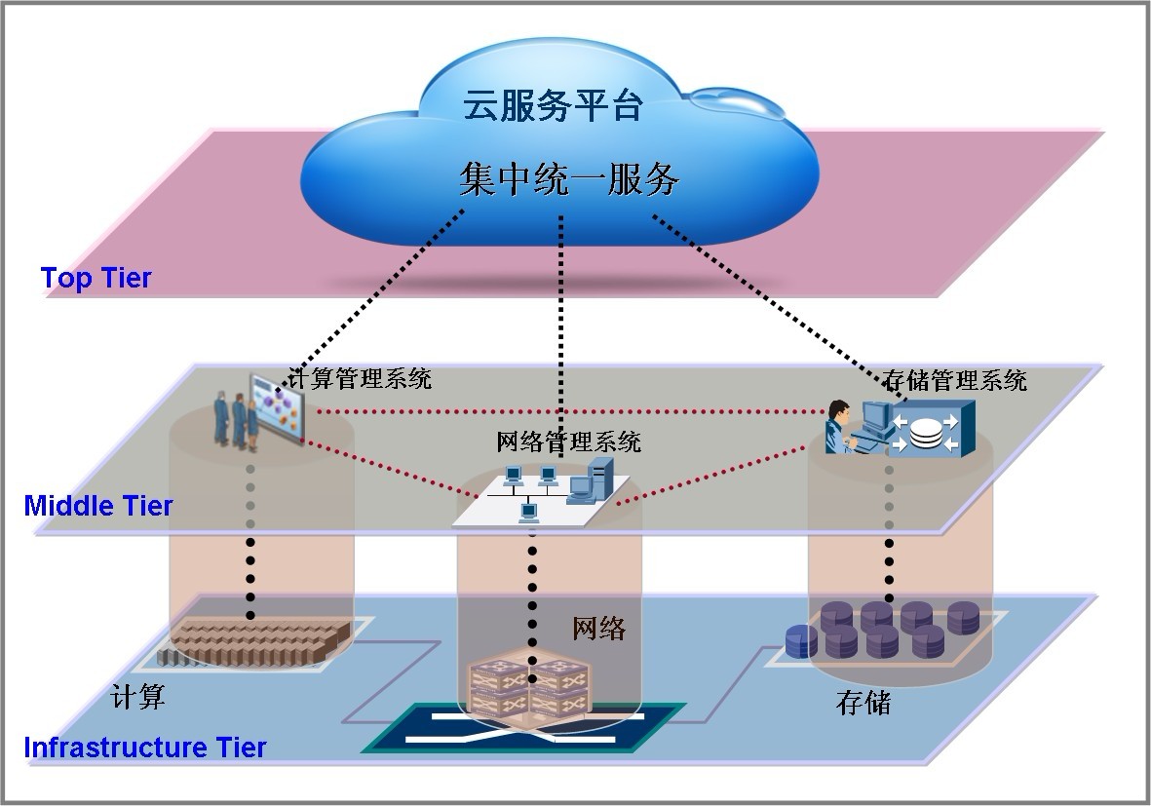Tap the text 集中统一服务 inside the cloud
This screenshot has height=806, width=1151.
(568, 179)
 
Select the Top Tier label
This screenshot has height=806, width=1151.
(96, 279)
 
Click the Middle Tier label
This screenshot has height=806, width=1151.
(98, 506)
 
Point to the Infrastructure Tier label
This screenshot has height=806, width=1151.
(144, 748)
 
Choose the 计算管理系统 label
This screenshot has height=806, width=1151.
(361, 378)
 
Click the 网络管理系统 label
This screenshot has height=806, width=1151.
(568, 441)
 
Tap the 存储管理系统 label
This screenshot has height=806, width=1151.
(955, 379)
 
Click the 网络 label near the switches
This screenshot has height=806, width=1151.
(598, 629)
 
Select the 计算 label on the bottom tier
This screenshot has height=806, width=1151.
(137, 696)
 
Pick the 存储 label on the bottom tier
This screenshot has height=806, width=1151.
(863, 702)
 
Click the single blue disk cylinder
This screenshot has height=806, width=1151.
(801, 640)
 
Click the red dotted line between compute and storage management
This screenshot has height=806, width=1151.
(565, 411)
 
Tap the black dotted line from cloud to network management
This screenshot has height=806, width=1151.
(560, 322)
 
